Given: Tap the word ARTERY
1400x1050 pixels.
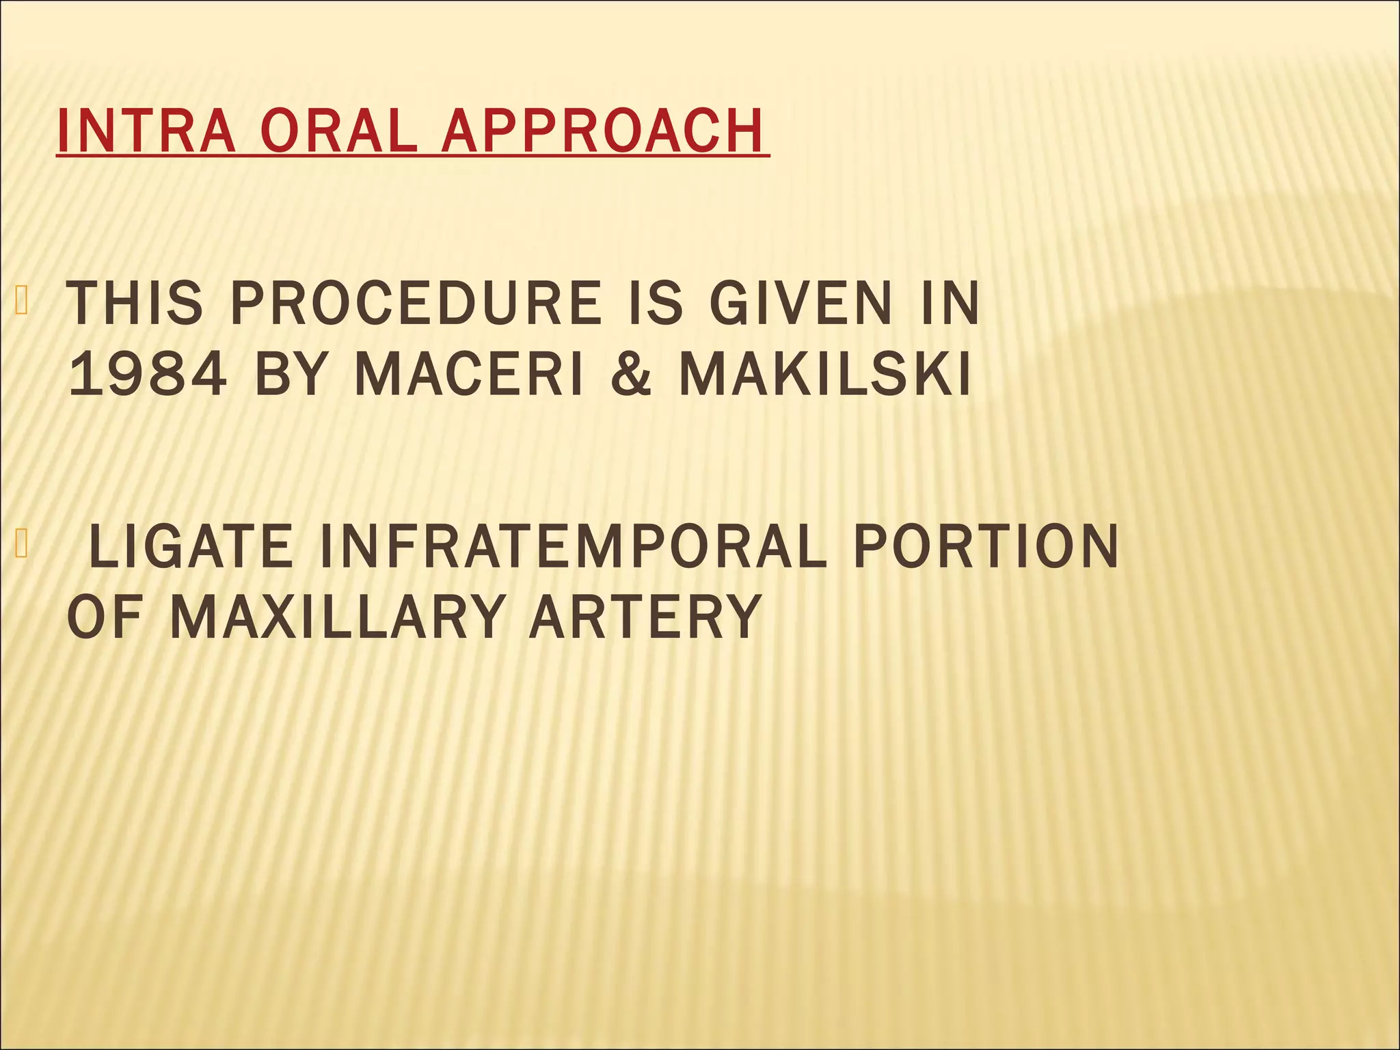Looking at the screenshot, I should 645,617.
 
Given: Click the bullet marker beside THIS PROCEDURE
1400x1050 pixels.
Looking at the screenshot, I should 21,301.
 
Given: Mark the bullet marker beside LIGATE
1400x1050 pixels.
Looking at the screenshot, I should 21,544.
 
